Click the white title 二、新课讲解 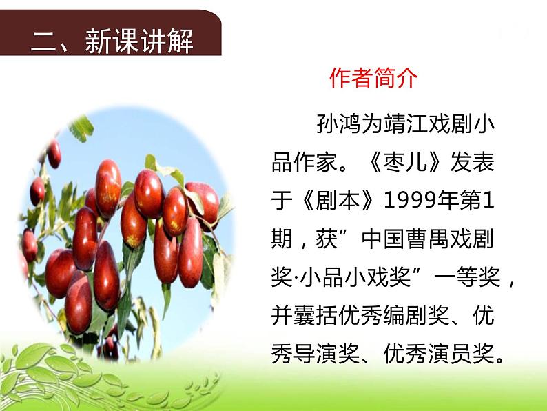coord(112,41)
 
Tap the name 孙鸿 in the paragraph coord(329,126)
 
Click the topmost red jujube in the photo coord(54,153)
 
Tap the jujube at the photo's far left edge coord(29,245)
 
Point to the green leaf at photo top coord(82,128)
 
